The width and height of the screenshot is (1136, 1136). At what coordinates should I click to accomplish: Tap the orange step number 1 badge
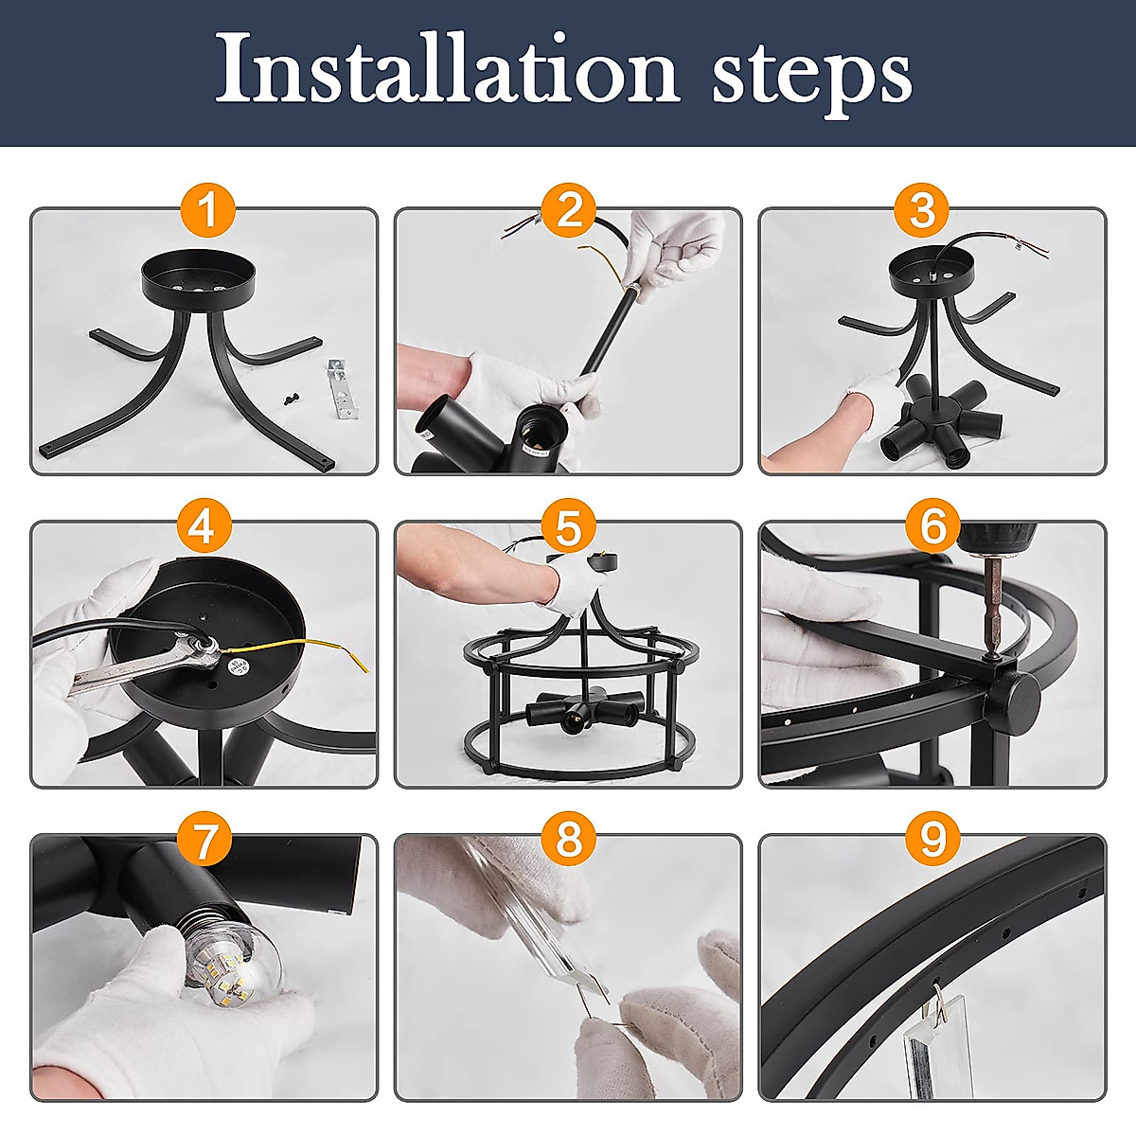click(x=208, y=210)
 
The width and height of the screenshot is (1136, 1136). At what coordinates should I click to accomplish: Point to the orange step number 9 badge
click(x=932, y=839)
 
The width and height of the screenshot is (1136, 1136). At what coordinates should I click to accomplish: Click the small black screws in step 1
click(x=290, y=399)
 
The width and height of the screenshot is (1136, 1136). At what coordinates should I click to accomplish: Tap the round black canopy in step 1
click(x=198, y=279)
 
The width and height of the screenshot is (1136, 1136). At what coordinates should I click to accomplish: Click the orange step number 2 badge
click(x=569, y=210)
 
